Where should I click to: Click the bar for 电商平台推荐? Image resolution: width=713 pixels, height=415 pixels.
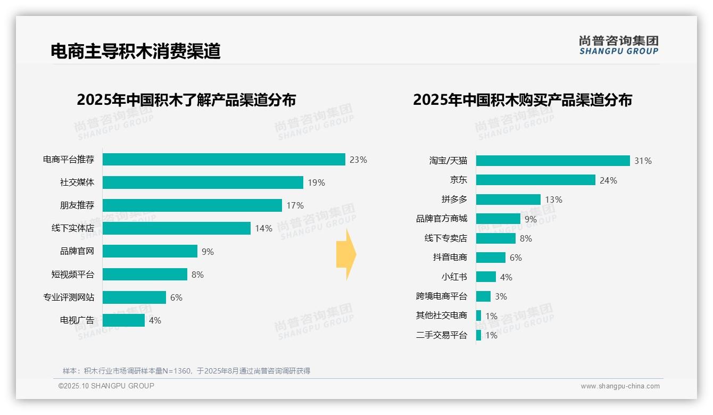coord(223,160)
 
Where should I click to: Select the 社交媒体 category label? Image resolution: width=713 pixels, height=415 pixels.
coord(77,182)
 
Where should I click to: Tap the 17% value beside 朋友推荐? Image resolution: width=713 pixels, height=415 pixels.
coord(295,205)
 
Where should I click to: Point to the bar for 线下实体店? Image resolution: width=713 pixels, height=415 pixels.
coord(176,228)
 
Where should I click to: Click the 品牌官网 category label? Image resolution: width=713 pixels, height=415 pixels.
coord(77,251)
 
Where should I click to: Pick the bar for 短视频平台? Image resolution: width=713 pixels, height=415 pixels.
coord(145,274)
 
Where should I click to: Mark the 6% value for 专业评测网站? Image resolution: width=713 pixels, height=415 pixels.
coord(176,297)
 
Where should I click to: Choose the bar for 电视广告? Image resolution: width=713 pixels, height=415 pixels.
coord(123,320)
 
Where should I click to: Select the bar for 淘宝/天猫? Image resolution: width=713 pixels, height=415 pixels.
coord(553,161)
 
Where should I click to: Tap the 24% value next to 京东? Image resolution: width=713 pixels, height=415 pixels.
coord(608,180)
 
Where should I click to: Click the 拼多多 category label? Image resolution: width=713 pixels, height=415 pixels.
coord(454,200)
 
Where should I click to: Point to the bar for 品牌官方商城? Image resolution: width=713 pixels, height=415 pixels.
coord(498,219)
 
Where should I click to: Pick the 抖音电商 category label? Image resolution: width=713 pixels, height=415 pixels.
coord(450,258)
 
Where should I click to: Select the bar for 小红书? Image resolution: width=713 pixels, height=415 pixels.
coord(486,277)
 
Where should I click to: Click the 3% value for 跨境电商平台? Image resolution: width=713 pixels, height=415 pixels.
coord(501,296)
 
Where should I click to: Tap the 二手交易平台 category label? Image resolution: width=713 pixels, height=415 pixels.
coord(441,335)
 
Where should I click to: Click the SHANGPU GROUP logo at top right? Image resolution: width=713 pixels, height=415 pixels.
coord(618,45)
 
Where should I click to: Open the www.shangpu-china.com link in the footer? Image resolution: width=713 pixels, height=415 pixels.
coord(620,386)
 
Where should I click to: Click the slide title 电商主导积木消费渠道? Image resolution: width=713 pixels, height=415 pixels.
coord(135,52)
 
